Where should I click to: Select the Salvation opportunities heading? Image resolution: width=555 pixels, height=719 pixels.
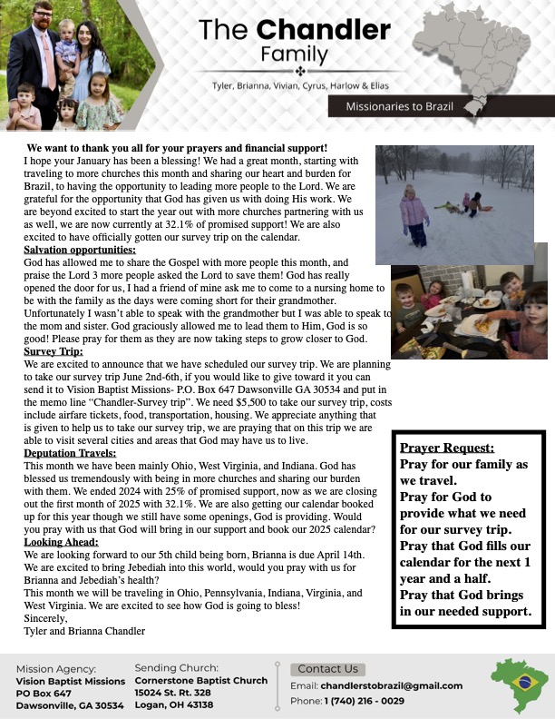pos(80,250)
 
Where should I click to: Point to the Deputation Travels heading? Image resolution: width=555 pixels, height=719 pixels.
pos(70,452)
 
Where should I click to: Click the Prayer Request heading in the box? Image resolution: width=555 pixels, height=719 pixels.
pos(447,448)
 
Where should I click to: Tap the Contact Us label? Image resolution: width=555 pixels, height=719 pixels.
pos(328,669)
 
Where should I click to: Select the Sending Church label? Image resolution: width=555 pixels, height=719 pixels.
pos(176,667)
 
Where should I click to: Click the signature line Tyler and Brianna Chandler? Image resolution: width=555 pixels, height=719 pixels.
pos(84,629)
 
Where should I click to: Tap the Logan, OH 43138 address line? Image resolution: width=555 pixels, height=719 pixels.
pos(174,704)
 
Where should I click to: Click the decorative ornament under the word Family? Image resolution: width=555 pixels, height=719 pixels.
pos(299,70)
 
